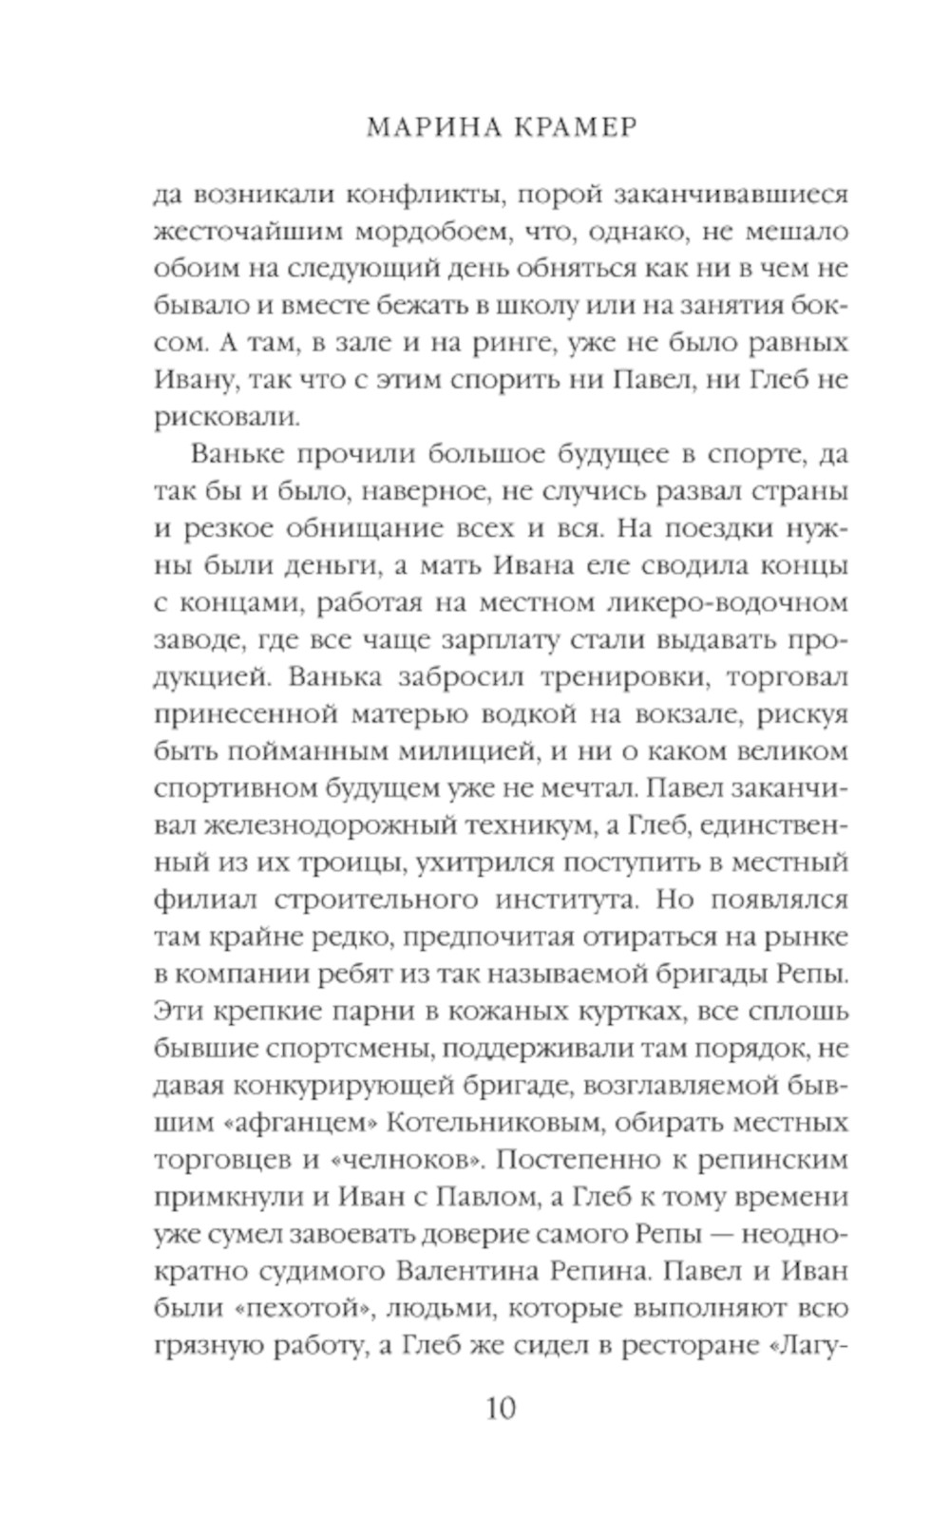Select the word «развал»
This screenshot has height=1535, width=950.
coord(690,491)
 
